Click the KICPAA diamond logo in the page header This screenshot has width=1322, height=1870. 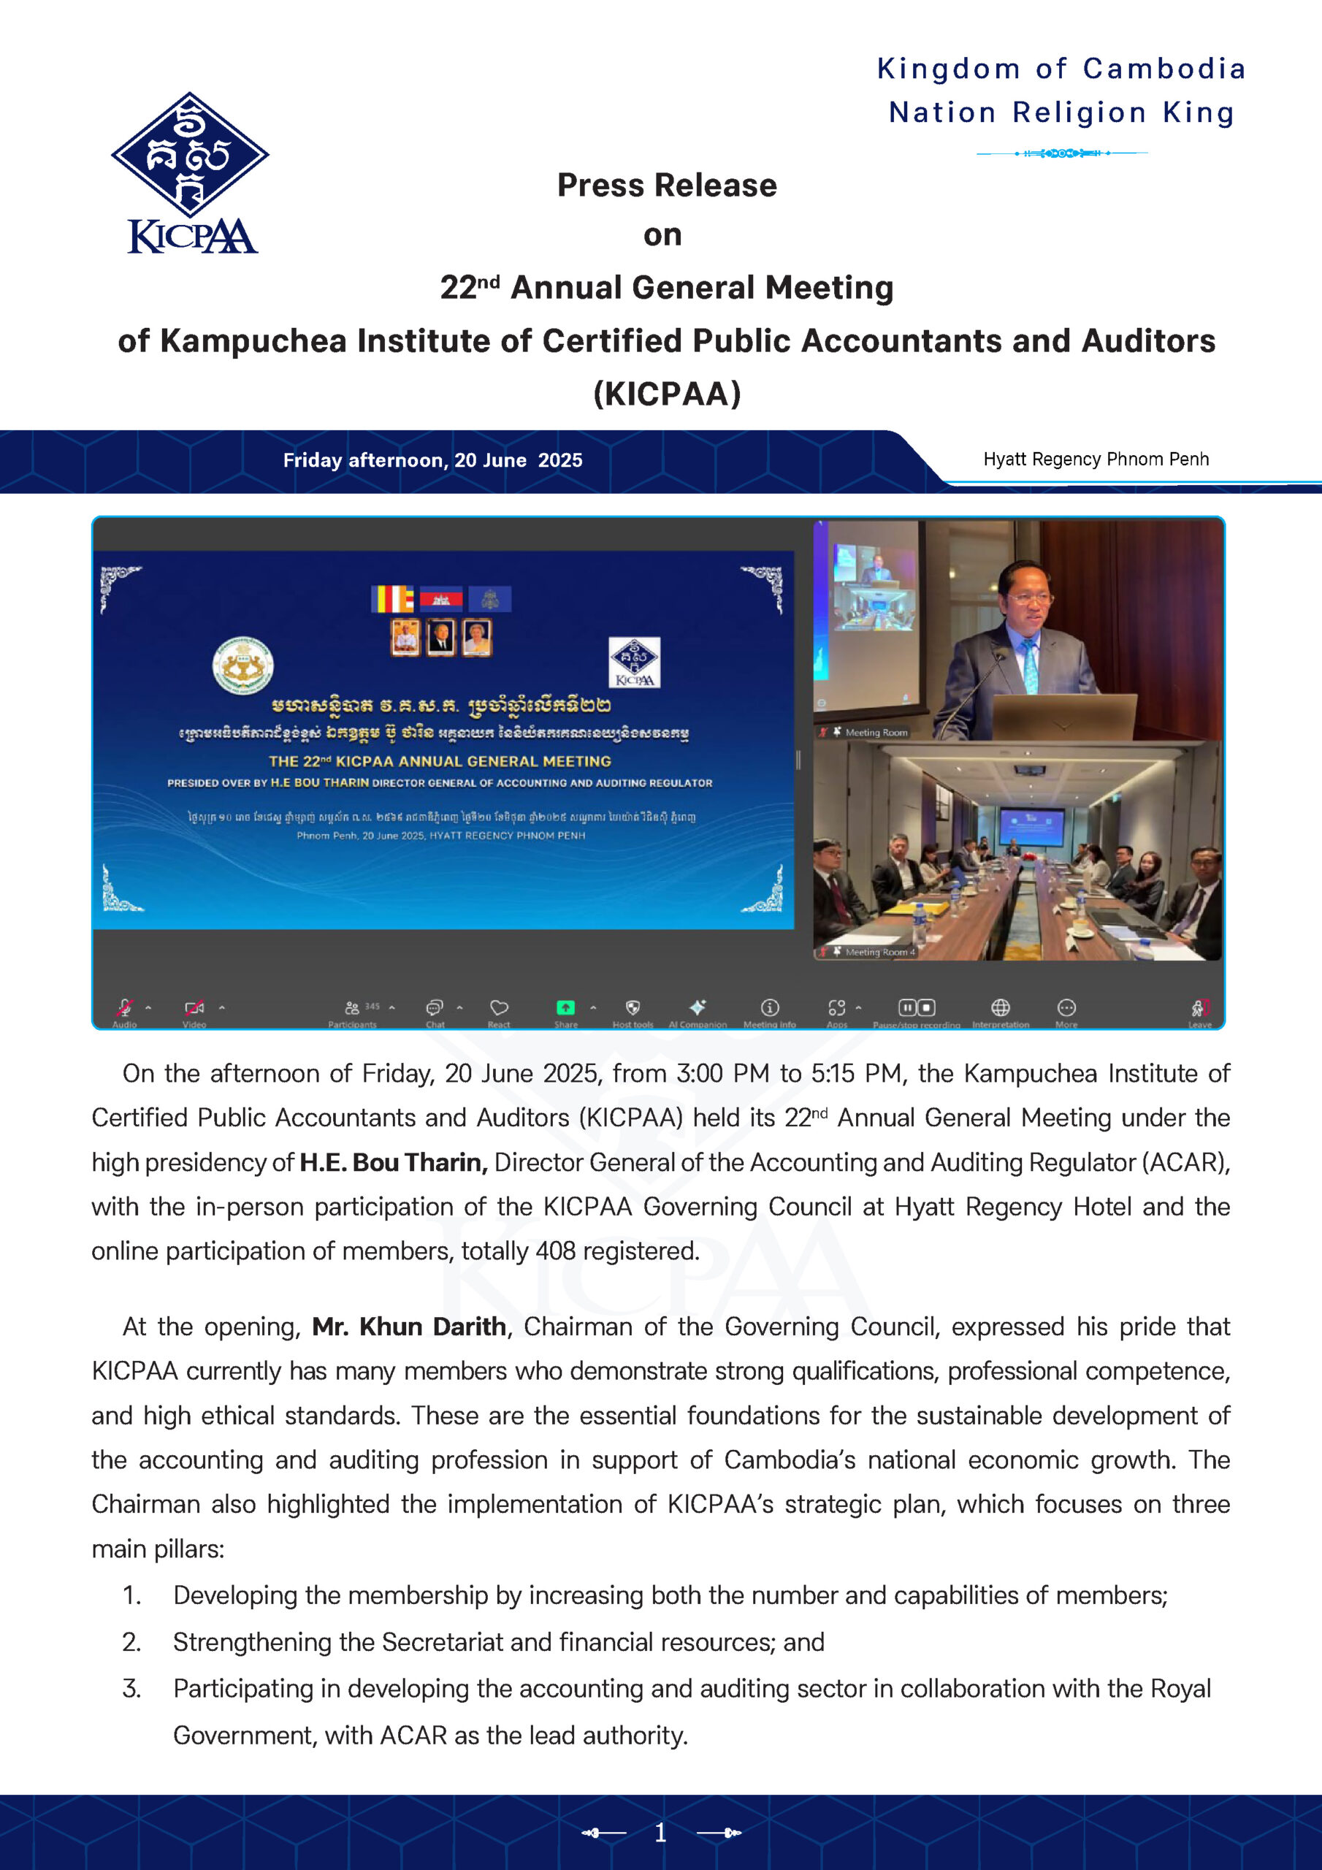click(190, 154)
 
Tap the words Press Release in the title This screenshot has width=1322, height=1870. click(666, 186)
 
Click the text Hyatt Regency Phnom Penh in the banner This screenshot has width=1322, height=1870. click(1096, 459)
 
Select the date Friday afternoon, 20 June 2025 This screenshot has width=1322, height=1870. click(432, 460)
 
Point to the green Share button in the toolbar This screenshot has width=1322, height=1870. click(565, 1007)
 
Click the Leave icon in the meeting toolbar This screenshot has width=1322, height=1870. click(1199, 1008)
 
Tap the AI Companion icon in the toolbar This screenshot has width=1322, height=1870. click(698, 1007)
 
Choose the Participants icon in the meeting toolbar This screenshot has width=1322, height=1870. click(352, 1008)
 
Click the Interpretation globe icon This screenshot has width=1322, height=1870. click(1000, 1007)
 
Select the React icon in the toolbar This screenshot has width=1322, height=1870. click(499, 1008)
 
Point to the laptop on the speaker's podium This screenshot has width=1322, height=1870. click(1063, 717)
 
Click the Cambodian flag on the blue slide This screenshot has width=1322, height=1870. click(440, 600)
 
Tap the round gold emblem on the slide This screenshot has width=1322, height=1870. click(242, 665)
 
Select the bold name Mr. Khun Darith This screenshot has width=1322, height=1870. click(409, 1327)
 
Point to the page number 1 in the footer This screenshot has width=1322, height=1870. click(660, 1833)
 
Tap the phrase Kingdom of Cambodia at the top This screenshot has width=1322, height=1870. click(1061, 69)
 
